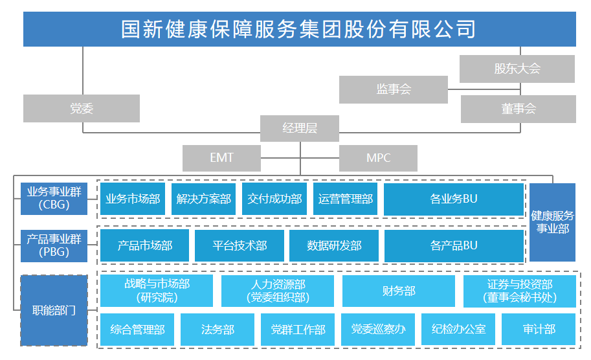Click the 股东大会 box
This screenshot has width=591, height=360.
pos(517,69)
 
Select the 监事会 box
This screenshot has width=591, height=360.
pos(393,89)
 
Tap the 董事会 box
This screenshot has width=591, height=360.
pos(518,109)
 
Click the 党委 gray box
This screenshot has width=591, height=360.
pos(82,108)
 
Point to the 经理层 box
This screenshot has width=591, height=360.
pos(300,128)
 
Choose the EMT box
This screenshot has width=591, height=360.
pos(221,158)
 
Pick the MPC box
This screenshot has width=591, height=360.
pos(378,158)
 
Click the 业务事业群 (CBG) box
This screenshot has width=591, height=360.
pos(54,198)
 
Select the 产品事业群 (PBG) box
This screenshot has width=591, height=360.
pos(54,245)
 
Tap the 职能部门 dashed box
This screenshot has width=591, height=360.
pos(54,310)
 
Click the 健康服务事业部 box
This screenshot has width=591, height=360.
pos(552,222)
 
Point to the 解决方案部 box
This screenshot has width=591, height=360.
pos(203,199)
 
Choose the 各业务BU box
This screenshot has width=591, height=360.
pos(453,199)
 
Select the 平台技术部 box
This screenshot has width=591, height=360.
pos(240,245)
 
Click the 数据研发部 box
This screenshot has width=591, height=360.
pos(334,245)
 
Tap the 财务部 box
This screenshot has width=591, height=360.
pos(398,291)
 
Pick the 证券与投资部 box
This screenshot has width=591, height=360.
pos(519,291)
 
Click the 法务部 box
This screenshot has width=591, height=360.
pos(217,330)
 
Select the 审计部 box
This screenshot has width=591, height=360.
pos(539,330)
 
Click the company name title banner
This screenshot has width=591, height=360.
pos(299,29)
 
